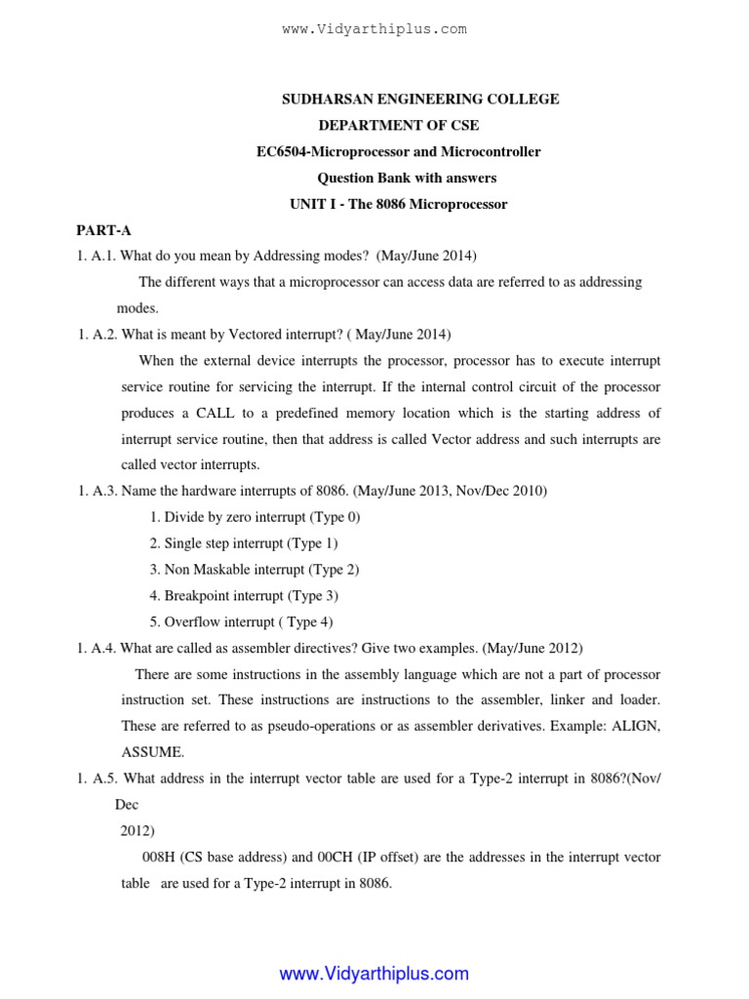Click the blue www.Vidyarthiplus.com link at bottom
pos(374,974)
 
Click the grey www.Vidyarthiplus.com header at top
pos(374,29)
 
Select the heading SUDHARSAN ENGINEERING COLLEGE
pos(420,99)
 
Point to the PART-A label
pos(104,230)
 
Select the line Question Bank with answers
pos(407,178)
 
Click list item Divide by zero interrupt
pos(255,517)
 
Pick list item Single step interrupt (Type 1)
pos(244,543)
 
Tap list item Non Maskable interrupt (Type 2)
pos(255,570)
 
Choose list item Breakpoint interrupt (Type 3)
pos(244,596)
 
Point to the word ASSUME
pos(151,752)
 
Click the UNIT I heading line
pos(398,204)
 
